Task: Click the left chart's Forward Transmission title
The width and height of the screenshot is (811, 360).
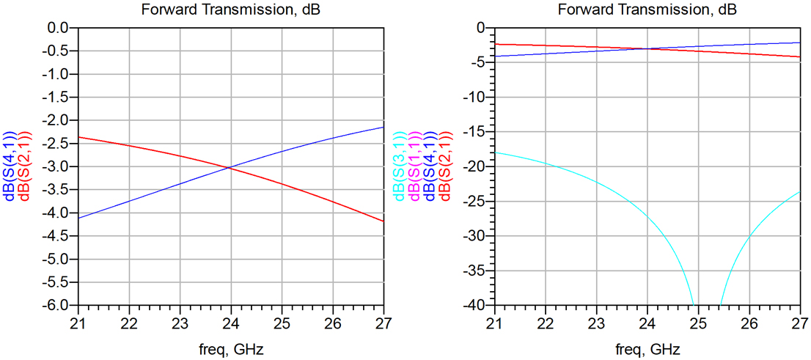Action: click(230, 10)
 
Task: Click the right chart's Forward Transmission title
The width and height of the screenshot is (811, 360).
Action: click(647, 10)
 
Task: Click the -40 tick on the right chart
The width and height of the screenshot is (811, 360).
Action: click(476, 305)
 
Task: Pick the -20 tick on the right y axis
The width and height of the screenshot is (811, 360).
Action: click(476, 166)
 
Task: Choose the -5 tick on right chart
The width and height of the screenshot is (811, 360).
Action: click(480, 62)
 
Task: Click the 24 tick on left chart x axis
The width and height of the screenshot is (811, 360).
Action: click(231, 323)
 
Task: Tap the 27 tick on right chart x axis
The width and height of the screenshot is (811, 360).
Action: click(800, 323)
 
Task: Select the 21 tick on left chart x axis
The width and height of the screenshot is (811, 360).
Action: click(78, 323)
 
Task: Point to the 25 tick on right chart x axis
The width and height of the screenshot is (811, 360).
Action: click(698, 323)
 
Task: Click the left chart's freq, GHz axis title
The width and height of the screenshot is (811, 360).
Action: click(230, 349)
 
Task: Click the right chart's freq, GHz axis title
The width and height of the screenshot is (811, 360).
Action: click(647, 349)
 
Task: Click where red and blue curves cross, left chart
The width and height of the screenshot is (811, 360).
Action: click(230, 167)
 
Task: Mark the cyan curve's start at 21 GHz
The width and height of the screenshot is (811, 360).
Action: click(495, 152)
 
